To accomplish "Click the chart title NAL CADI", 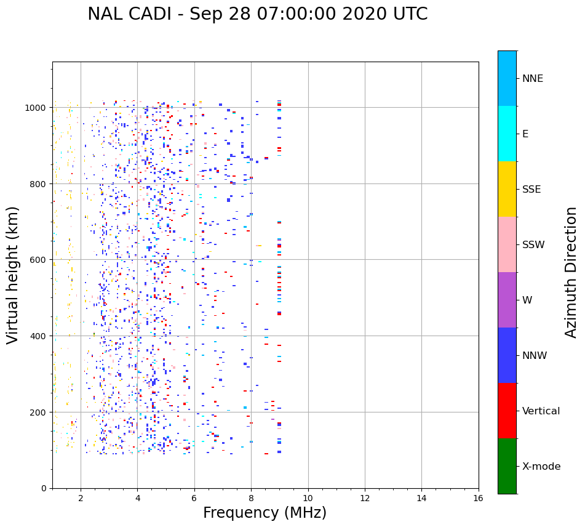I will [257, 14].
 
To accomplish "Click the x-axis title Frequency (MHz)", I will [265, 513].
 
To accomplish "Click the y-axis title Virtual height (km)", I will [13, 275].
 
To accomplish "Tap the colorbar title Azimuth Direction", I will [571, 272].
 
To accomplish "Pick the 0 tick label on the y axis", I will [44, 488].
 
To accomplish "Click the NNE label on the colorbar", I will [533, 79].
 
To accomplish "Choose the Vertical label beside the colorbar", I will [541, 411].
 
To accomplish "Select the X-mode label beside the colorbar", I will [541, 467].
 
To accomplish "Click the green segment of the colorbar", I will [507, 466].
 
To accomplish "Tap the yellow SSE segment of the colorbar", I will [507, 189].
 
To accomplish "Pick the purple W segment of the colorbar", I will [507, 300].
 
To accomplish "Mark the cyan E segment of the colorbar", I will [507, 134].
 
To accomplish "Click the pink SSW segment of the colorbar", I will [507, 244].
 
